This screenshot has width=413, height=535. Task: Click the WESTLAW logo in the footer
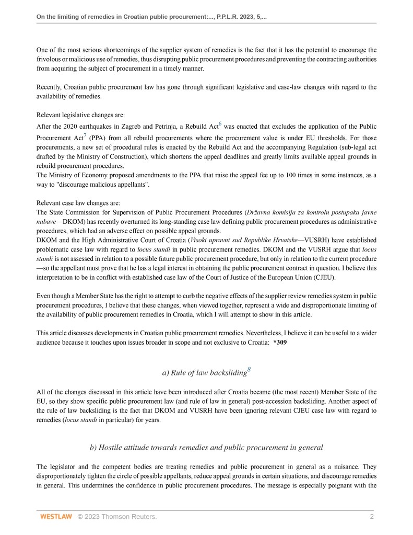(x=56, y=517)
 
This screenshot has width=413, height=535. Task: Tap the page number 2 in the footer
(x=372, y=517)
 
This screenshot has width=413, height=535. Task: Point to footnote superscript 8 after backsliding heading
(x=249, y=369)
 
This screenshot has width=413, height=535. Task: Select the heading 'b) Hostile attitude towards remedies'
(x=206, y=447)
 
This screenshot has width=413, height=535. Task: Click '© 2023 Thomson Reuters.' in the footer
(x=117, y=517)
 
